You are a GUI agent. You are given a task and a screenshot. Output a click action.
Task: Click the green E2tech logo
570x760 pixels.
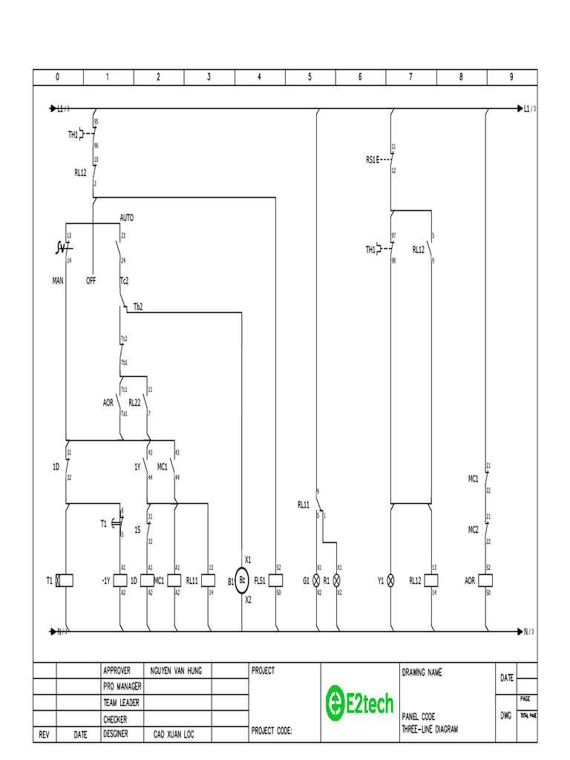[360, 702]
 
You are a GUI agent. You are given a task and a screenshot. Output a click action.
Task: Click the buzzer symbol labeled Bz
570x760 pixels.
[242, 581]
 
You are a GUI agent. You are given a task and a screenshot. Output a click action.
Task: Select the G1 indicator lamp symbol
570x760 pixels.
[318, 580]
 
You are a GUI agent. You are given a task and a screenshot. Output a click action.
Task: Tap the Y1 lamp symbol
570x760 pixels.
[390, 580]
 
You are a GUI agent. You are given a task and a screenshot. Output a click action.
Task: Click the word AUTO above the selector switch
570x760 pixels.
[127, 218]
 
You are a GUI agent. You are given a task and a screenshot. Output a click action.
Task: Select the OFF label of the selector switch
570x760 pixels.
[91, 281]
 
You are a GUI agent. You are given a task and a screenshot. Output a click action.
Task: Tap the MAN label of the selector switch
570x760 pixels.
[58, 281]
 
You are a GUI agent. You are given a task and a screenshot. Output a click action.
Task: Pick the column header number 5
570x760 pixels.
[310, 77]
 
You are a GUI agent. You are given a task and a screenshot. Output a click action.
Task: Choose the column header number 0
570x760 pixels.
[58, 77]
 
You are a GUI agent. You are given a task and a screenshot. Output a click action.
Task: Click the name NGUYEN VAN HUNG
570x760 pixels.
[176, 670]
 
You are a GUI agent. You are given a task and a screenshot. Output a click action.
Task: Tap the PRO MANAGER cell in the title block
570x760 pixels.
[122, 687]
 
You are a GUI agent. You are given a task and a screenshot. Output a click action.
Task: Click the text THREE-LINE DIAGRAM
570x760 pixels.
[430, 729]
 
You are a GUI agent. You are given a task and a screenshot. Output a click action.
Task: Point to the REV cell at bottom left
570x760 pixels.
[44, 734]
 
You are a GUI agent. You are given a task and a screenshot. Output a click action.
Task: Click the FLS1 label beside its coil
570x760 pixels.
[260, 581]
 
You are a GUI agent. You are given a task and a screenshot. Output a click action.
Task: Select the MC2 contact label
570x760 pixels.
[473, 529]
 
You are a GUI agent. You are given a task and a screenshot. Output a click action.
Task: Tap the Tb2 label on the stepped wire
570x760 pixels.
[138, 307]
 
